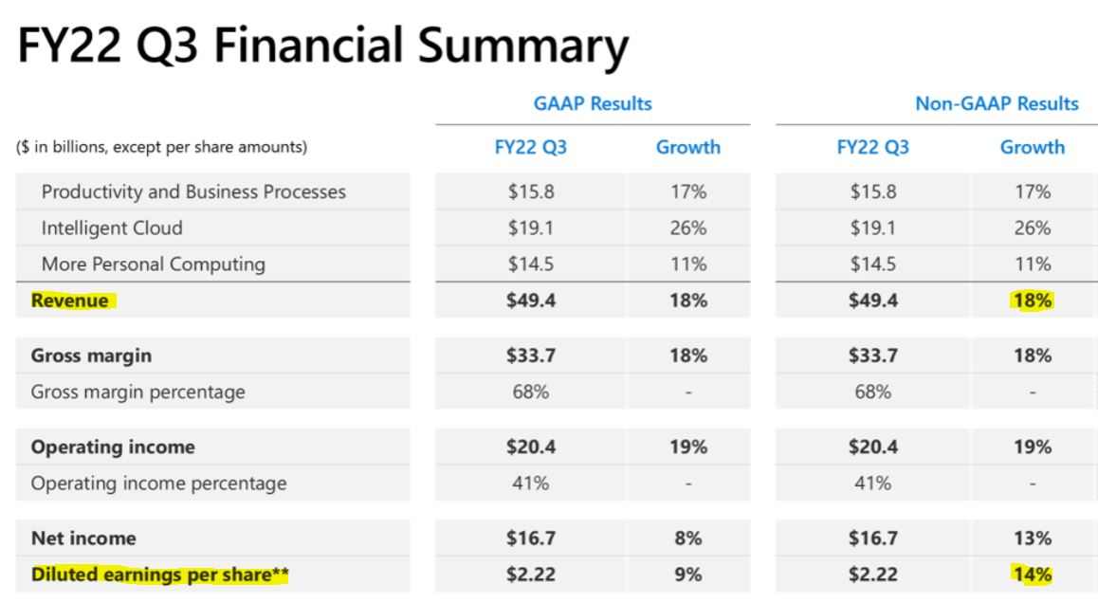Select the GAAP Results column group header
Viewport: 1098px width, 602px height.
tap(593, 103)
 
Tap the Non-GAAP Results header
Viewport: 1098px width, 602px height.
tap(997, 103)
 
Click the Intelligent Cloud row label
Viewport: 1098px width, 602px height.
tap(112, 228)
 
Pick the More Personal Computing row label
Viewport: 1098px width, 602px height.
tap(154, 264)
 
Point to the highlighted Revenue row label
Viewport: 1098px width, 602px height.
tap(70, 301)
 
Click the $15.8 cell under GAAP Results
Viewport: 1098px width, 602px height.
tap(531, 192)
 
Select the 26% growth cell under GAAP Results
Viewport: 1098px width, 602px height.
tap(688, 228)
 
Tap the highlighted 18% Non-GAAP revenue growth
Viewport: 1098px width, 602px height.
tap(1033, 301)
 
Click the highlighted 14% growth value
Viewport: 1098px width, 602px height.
tap(1033, 575)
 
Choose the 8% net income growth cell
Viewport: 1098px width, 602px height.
tap(688, 538)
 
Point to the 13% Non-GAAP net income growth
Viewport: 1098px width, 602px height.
tap(1033, 538)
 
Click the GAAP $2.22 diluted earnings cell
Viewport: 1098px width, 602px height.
tap(531, 575)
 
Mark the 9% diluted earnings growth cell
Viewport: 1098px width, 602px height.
tap(688, 575)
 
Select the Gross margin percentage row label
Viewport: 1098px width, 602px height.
tap(137, 392)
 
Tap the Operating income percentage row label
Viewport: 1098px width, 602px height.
tap(159, 483)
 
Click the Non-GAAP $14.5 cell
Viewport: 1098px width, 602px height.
tap(872, 264)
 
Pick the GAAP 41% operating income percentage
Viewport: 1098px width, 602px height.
tap(530, 483)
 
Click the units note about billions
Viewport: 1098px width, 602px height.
tap(162, 147)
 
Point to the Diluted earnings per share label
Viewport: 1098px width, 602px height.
tap(159, 575)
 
